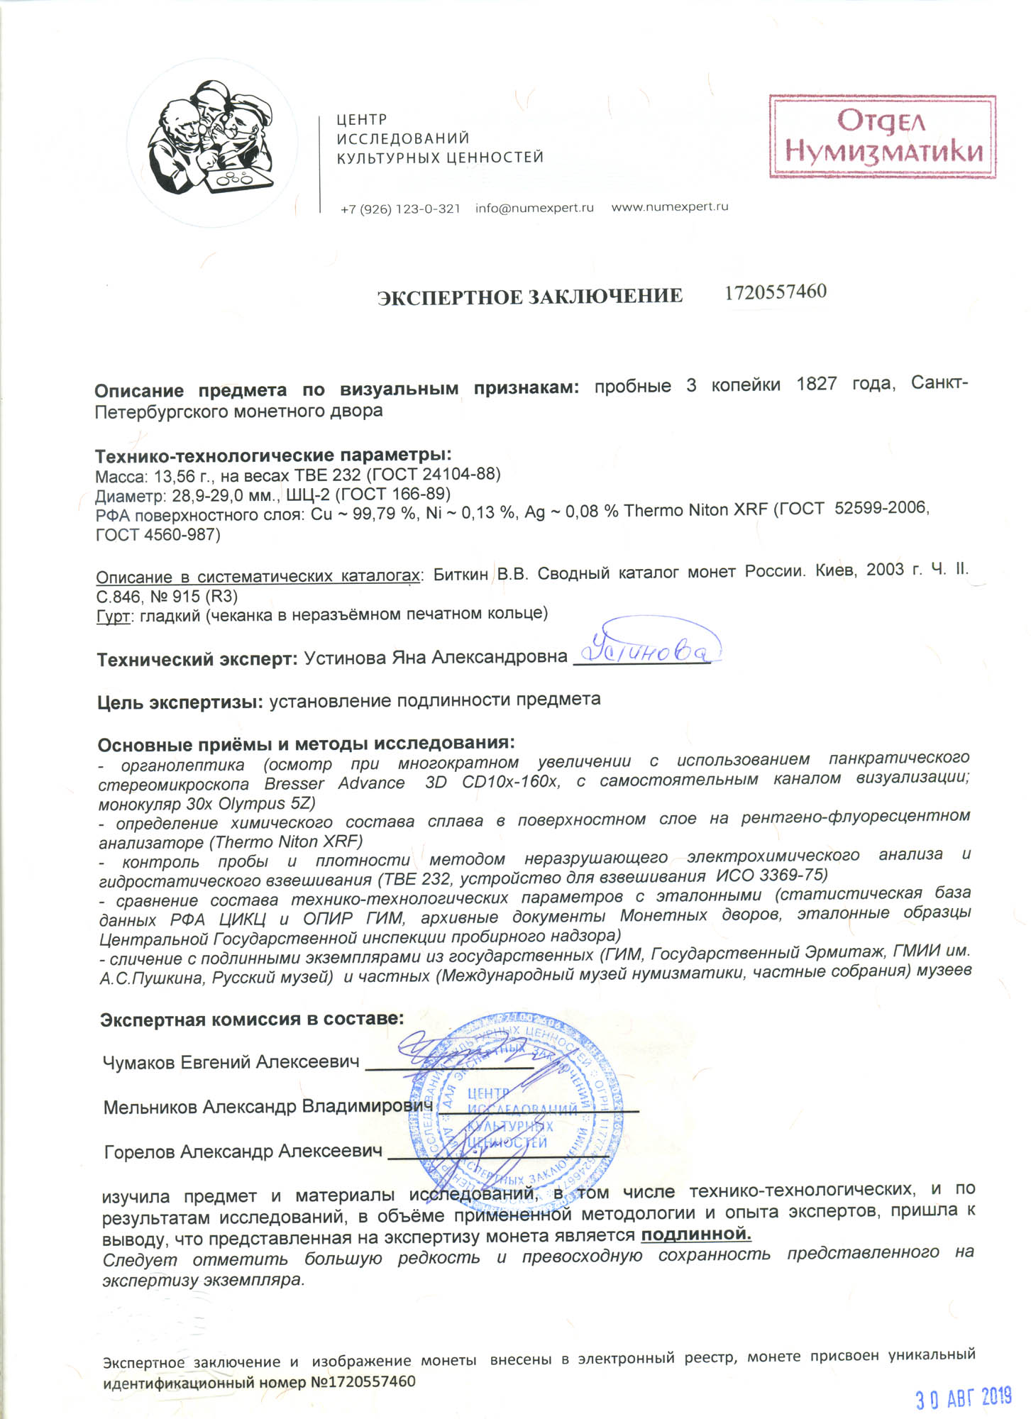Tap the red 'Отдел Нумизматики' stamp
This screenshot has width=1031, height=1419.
(x=882, y=136)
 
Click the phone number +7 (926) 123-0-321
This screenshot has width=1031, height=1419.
(x=400, y=209)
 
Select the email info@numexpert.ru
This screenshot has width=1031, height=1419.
(x=534, y=208)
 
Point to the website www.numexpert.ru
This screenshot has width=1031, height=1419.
(x=669, y=207)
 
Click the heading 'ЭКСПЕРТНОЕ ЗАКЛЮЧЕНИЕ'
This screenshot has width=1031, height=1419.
(x=529, y=296)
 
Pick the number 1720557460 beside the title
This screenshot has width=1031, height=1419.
(x=775, y=292)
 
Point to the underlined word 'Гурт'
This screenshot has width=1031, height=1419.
(x=112, y=615)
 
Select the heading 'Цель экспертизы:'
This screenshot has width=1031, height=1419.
(x=180, y=702)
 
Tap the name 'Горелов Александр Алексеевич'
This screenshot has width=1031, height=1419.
(x=243, y=1152)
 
